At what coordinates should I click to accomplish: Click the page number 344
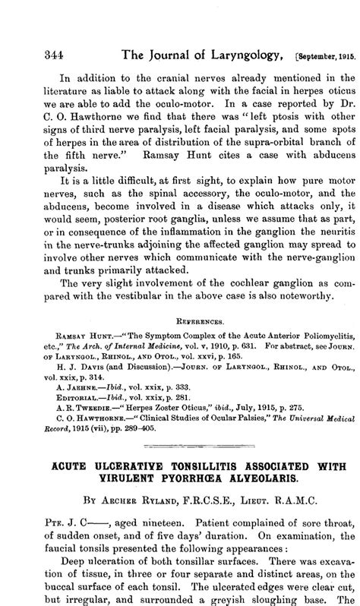tap(36, 54)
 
